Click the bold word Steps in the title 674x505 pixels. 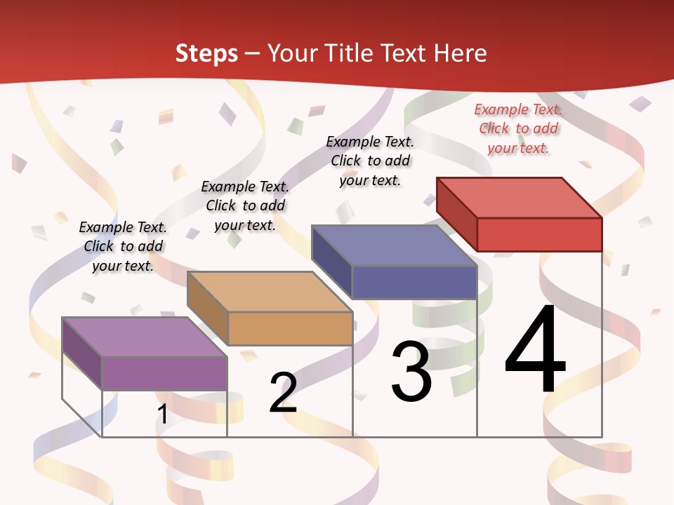(x=206, y=53)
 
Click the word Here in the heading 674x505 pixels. (x=460, y=53)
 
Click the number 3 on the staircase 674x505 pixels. (x=411, y=372)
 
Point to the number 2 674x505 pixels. (x=283, y=393)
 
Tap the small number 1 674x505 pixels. (x=163, y=415)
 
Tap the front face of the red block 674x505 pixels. (x=539, y=234)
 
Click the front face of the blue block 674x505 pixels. (x=414, y=282)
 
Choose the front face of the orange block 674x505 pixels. (x=290, y=328)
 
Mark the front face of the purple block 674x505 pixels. (x=164, y=373)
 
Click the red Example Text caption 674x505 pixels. (x=518, y=128)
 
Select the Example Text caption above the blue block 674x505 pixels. (x=370, y=161)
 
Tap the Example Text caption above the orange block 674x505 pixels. (x=245, y=206)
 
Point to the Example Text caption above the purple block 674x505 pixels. (x=123, y=246)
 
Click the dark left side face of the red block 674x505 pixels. (x=456, y=213)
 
